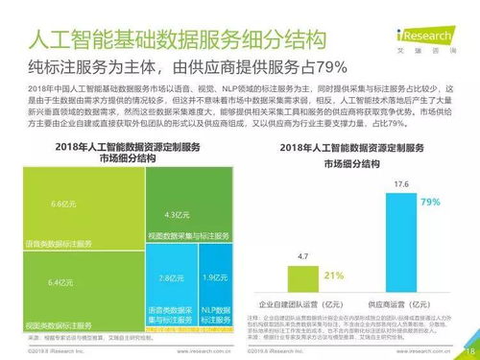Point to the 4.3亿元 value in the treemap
pyautogui.click(x=175, y=214)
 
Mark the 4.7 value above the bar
pyautogui.click(x=303, y=257)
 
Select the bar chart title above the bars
pyautogui.click(x=352, y=157)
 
